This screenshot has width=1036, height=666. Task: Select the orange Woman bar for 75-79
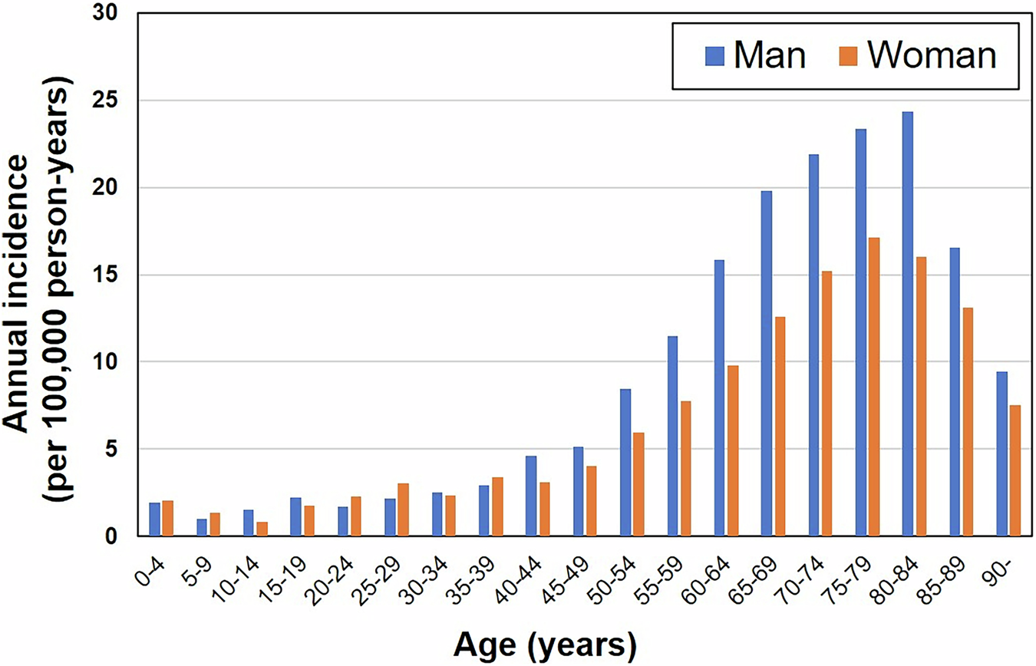pyautogui.click(x=873, y=387)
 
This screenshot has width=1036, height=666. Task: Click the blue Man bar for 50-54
pyautogui.click(x=625, y=462)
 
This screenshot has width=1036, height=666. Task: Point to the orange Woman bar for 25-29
pyautogui.click(x=403, y=509)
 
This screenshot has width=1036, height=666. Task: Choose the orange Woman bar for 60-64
pyautogui.click(x=732, y=450)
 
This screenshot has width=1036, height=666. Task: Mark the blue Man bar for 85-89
pyautogui.click(x=955, y=391)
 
